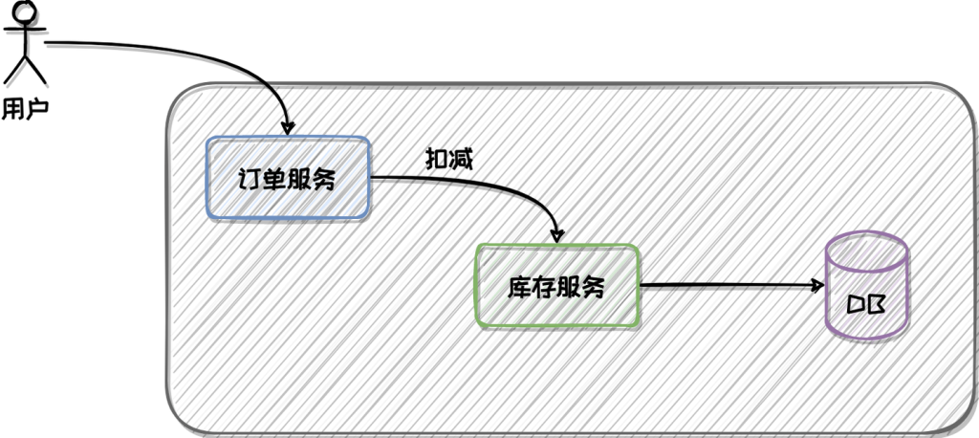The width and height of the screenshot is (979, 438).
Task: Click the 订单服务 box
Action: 288,179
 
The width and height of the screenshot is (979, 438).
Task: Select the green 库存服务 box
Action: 557,287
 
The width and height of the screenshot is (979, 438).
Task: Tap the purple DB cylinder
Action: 866,287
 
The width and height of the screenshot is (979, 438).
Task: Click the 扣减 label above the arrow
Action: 448,159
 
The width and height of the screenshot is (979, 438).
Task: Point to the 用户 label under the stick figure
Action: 25,107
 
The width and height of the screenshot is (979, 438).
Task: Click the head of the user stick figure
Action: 24,11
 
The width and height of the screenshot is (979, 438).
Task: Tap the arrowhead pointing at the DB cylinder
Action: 817,285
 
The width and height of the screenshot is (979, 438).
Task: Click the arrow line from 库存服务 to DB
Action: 727,285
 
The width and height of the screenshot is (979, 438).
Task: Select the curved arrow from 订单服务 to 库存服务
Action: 497,187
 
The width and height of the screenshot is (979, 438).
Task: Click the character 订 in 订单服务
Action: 249,179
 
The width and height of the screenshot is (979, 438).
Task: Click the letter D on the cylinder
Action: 857,306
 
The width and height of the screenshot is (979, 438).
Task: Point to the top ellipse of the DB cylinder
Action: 866,252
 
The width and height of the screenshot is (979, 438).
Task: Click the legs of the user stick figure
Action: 25,69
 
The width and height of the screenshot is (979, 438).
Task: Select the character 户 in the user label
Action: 36,107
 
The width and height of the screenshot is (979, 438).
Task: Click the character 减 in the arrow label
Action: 460,159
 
